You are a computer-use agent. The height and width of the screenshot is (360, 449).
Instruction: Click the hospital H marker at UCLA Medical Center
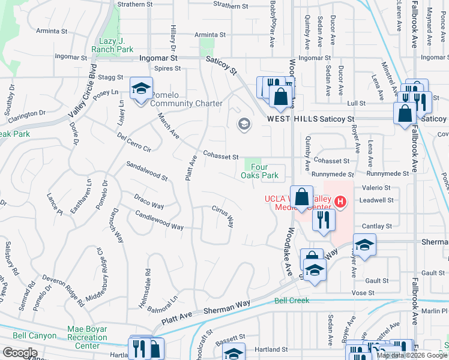(340, 201)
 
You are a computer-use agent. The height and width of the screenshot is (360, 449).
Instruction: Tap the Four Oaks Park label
(260, 172)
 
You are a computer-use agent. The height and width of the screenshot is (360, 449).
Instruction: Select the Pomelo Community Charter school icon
(141, 90)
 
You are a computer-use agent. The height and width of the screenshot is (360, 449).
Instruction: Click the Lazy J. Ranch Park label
(115, 45)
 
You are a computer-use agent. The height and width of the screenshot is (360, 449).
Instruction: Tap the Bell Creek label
(292, 301)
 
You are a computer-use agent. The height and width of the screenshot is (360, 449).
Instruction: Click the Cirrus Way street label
(223, 215)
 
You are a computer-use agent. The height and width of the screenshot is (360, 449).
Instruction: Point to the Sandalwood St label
(147, 171)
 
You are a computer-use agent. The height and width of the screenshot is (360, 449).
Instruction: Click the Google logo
(20, 353)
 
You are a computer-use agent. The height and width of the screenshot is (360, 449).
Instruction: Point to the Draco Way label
(149, 202)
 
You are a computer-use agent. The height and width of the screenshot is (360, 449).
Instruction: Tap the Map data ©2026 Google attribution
(412, 355)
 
